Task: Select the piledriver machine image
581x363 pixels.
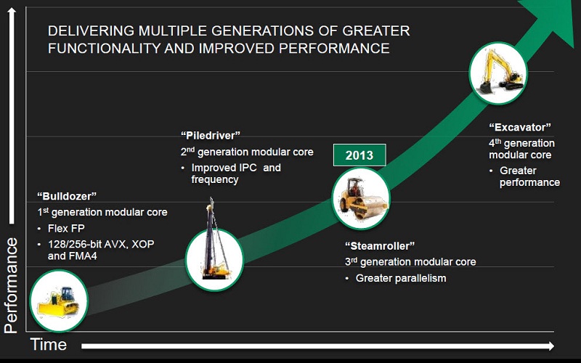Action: (214, 251)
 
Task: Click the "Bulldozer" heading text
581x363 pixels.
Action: (67, 196)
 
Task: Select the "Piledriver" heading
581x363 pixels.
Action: (211, 136)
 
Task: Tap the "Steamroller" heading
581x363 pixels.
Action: (378, 245)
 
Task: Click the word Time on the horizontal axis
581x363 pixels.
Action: (49, 344)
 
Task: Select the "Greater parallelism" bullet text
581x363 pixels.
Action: (401, 278)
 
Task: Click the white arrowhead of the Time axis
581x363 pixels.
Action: (550, 346)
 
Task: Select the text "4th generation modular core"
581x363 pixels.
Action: (521, 149)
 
